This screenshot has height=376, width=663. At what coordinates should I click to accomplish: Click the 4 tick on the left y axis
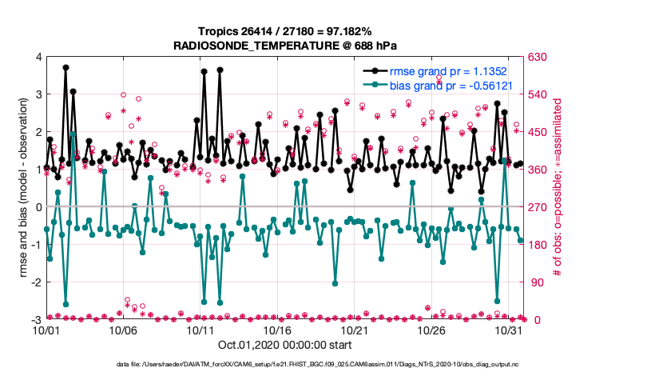tap(38, 57)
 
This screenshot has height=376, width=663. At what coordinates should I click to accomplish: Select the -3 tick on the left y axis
tap(36, 319)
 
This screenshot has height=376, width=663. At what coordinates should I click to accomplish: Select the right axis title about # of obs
tap(557, 188)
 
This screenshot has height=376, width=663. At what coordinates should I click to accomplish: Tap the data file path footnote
tap(317, 364)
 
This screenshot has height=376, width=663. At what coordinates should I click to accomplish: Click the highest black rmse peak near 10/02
tap(66, 68)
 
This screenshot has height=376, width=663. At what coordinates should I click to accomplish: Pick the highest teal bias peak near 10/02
tap(73, 134)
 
